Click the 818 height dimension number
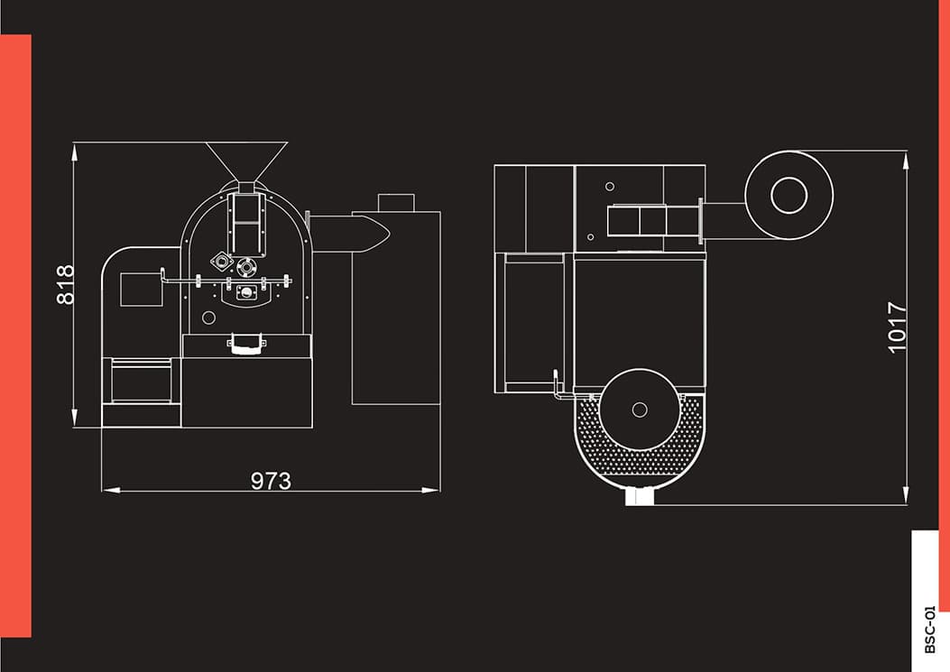click(x=65, y=284)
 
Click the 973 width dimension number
click(x=271, y=481)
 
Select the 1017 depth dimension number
click(x=898, y=327)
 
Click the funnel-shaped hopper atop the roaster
click(x=246, y=161)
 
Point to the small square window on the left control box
click(x=142, y=290)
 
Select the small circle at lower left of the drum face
click(x=209, y=317)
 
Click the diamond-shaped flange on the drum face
click(x=222, y=262)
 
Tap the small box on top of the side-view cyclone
click(x=396, y=202)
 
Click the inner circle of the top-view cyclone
click(x=789, y=195)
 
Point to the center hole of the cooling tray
click(x=639, y=410)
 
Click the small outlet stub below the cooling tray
click(x=640, y=497)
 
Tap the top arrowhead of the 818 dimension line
click(x=75, y=152)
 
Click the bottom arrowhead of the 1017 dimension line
click(x=906, y=495)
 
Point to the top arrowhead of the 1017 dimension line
click(x=906, y=160)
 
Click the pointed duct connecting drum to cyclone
click(x=349, y=233)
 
